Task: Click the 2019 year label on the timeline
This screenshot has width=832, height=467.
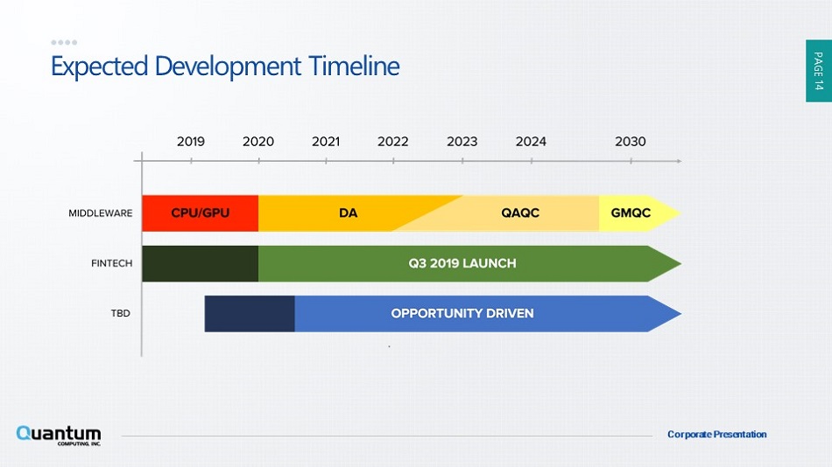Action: (191, 142)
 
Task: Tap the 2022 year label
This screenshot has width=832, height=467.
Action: (392, 142)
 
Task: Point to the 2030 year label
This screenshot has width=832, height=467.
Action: (631, 142)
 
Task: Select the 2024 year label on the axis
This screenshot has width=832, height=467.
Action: (531, 142)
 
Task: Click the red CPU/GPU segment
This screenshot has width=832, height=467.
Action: (200, 213)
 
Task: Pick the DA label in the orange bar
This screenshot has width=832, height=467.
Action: (348, 213)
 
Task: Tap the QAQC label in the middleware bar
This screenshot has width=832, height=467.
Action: (520, 213)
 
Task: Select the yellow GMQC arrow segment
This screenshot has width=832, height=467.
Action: (639, 213)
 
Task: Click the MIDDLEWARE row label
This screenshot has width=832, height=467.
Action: (101, 213)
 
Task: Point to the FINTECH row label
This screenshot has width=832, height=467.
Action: (111, 263)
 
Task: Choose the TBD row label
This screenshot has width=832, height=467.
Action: (121, 313)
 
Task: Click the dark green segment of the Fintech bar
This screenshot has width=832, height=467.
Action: (200, 263)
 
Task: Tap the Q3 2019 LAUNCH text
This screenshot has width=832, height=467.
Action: (462, 263)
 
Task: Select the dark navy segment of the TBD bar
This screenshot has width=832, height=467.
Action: (250, 314)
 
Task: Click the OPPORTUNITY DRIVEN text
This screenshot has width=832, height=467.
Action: (462, 313)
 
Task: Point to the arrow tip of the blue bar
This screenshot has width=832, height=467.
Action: (680, 314)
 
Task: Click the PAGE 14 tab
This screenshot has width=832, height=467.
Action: (818, 71)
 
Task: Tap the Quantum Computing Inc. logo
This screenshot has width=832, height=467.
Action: (59, 436)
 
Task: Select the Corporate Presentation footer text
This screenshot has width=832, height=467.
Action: (717, 434)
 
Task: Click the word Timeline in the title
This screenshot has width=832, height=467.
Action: (354, 66)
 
